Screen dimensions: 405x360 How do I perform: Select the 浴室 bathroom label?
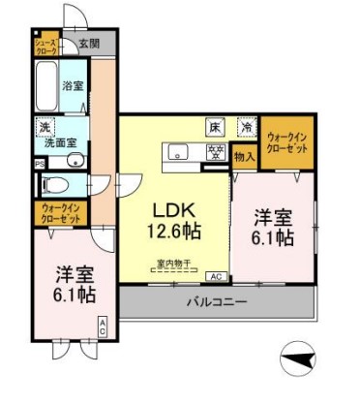click(x=73, y=85)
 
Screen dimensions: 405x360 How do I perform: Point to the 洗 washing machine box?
click(x=45, y=128)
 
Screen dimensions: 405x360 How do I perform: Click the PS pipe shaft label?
click(x=38, y=163)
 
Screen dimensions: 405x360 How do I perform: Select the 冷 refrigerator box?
click(x=248, y=126)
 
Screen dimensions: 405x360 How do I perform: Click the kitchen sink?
click(x=178, y=150)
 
